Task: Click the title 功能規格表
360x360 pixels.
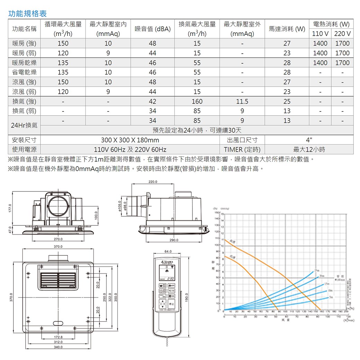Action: (x=27, y=14)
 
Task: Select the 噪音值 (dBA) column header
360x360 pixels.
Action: (x=153, y=29)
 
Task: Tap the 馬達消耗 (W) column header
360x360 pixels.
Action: (x=287, y=29)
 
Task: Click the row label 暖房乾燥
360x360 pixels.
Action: (x=24, y=63)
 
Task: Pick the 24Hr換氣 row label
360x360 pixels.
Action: (x=24, y=125)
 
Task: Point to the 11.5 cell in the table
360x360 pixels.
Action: (x=242, y=102)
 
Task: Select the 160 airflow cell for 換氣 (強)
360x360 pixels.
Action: (x=197, y=102)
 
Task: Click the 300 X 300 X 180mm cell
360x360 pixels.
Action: (x=130, y=140)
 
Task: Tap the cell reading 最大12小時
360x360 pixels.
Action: (x=309, y=150)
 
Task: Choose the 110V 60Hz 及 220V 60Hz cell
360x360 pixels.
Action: (x=130, y=150)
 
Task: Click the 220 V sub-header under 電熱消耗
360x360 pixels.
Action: (x=342, y=34)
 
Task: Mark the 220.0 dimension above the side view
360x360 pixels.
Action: (x=153, y=182)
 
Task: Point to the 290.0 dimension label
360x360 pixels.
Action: (x=174, y=240)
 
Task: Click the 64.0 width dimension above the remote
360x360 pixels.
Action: (x=168, y=251)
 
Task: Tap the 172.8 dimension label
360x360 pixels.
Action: (x=58, y=337)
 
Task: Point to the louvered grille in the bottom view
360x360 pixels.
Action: (x=57, y=280)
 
